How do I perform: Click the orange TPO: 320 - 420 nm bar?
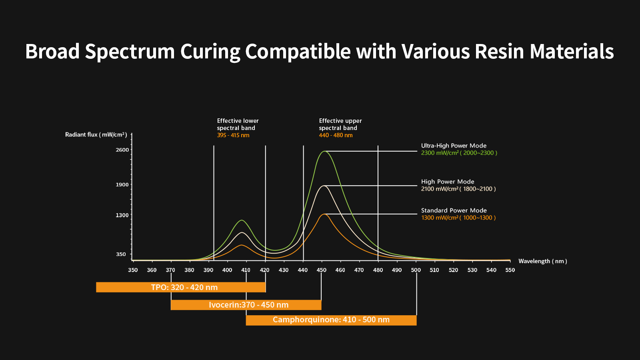coord(181,287)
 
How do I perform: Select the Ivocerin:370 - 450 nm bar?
coord(246,305)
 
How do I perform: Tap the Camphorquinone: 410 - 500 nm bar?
coord(331,320)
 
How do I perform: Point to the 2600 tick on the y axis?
coord(122,150)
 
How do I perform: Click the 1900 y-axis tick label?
coord(122,185)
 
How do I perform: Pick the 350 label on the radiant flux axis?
coord(121,254)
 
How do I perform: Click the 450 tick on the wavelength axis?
coord(322,270)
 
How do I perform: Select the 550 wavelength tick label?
coord(510,270)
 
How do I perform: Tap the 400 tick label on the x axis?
coord(227,270)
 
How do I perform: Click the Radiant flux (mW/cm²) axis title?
coord(96,135)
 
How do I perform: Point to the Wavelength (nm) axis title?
coord(542,261)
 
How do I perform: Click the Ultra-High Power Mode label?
coord(454,146)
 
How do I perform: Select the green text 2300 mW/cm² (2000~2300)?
coord(459,153)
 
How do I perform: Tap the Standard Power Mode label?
coord(454,210)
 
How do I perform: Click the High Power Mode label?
coord(448,182)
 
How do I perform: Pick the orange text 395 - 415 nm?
coord(233,135)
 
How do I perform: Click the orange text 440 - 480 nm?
coord(336,135)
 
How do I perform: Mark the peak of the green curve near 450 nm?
coord(324,151)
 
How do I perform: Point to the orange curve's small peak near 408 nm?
coord(242,245)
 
